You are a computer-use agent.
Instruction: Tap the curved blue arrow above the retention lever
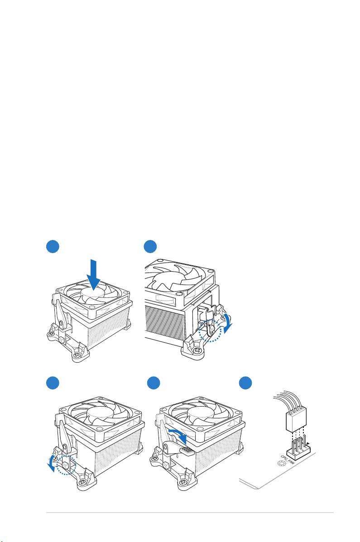tap(178, 436)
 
